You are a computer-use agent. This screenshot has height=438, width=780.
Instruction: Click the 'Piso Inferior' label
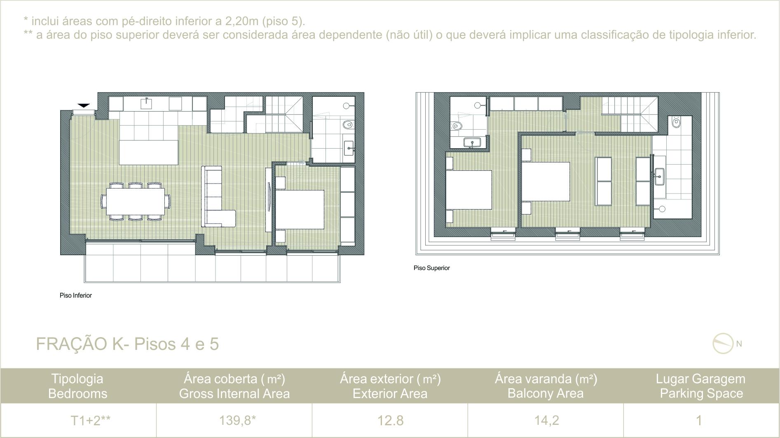76,295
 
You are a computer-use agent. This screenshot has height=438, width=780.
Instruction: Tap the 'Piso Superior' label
432,268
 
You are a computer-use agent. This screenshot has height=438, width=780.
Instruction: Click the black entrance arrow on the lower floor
84,106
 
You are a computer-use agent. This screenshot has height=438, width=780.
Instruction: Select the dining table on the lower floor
136,201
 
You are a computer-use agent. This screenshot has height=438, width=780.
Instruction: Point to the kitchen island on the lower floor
149,152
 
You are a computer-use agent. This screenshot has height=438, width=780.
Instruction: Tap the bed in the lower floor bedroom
300,209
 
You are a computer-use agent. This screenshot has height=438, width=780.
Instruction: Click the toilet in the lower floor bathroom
348,124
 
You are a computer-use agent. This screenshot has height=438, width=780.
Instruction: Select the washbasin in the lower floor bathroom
349,148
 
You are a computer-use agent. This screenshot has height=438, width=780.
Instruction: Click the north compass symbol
724,343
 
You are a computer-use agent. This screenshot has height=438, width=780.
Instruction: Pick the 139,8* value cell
237,420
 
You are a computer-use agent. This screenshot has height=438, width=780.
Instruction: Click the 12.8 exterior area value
390,420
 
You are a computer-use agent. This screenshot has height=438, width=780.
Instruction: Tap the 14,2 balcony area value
546,420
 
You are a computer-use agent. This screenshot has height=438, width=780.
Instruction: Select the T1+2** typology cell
90,420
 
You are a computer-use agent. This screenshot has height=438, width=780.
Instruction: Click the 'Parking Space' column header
701,394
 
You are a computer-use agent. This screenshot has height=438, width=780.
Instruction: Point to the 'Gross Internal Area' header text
234,394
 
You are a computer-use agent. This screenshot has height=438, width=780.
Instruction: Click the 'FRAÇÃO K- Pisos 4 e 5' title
127,344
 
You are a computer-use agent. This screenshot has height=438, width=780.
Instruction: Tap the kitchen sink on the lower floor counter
147,103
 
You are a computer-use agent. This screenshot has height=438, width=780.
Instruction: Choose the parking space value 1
699,420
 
